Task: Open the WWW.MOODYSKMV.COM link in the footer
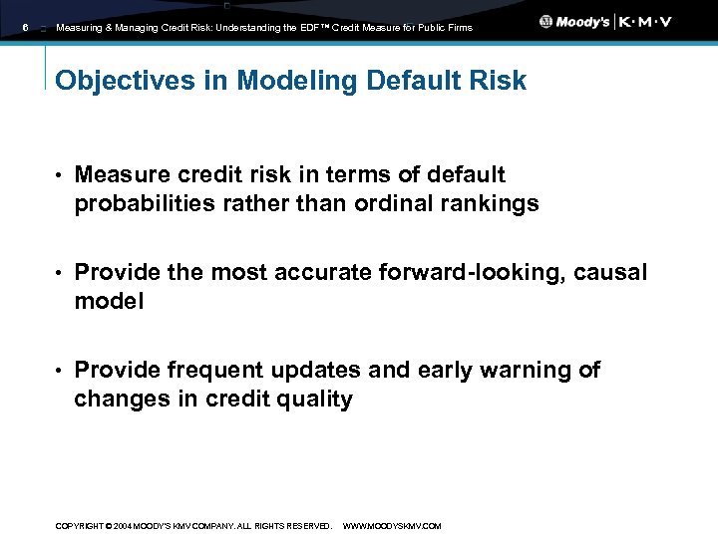click(x=391, y=526)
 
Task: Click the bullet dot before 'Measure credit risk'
click(x=59, y=175)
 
